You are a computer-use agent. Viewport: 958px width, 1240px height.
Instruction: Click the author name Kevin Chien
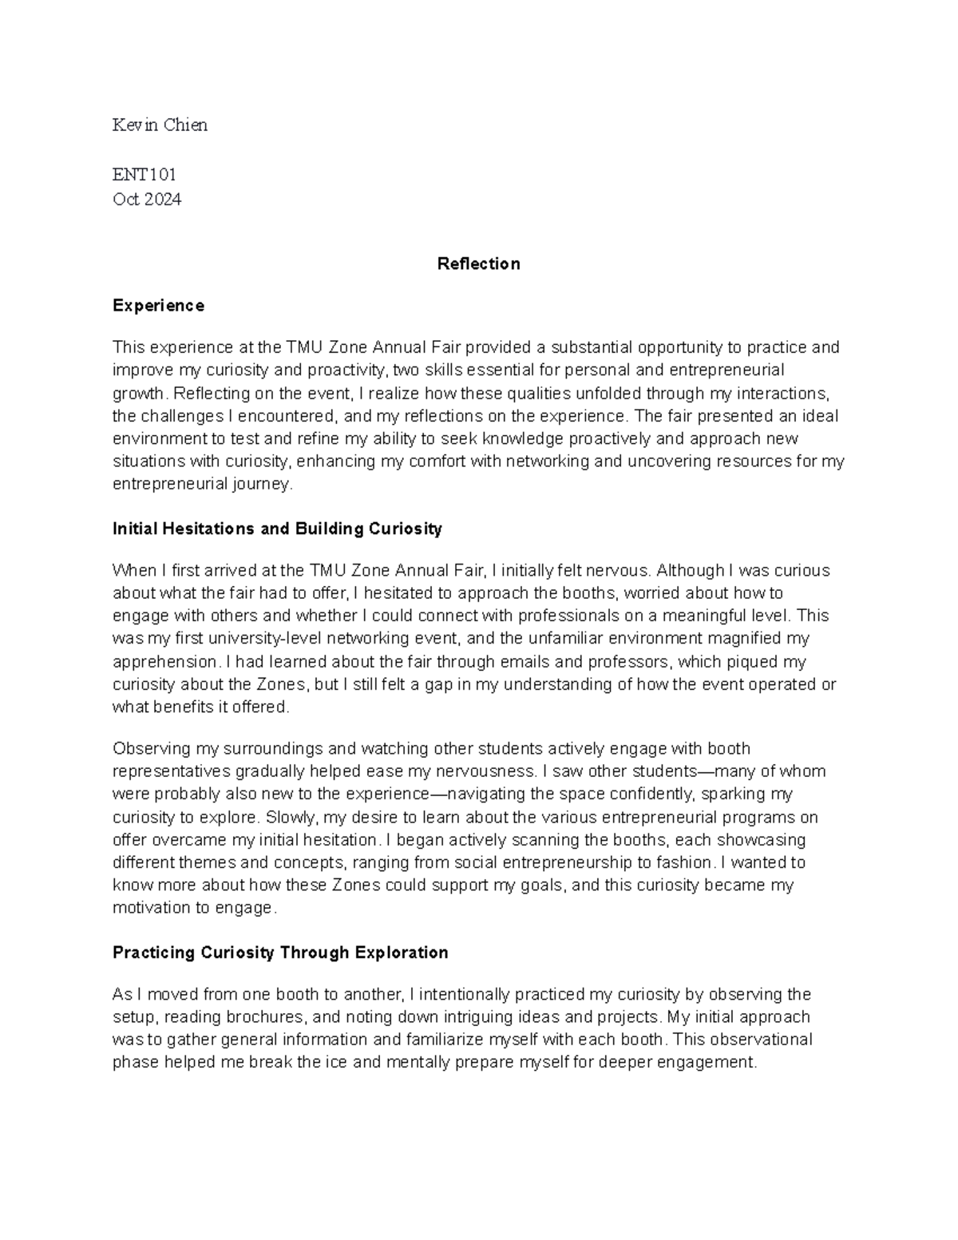tap(160, 125)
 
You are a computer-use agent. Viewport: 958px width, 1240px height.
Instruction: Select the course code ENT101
tap(144, 175)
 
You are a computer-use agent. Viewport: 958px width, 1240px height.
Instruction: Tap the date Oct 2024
tap(147, 200)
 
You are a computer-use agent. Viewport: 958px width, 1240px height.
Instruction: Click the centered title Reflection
tap(478, 264)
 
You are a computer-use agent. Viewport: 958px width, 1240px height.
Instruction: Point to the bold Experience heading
tap(158, 306)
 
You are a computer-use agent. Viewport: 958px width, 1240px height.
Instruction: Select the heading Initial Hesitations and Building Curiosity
tap(277, 529)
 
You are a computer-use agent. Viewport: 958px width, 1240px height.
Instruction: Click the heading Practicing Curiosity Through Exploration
tap(280, 953)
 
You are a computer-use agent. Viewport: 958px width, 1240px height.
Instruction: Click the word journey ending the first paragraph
tap(266, 485)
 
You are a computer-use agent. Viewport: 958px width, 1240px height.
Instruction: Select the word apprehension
tap(165, 662)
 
